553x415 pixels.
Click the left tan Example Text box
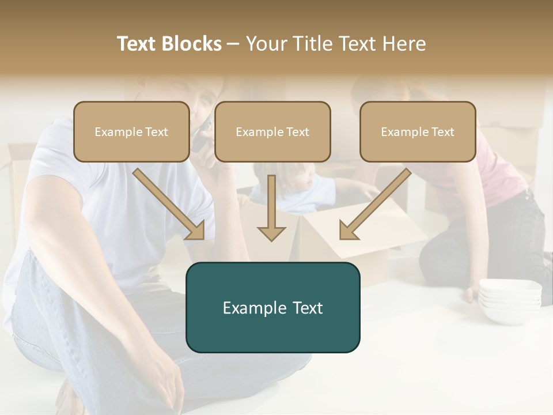point(131,131)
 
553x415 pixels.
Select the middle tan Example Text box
point(272,131)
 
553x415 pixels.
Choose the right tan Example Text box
point(418,131)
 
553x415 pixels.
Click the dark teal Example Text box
point(272,307)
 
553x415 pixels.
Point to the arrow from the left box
point(170,205)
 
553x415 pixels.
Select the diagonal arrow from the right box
point(374,205)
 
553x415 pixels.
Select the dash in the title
point(233,44)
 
